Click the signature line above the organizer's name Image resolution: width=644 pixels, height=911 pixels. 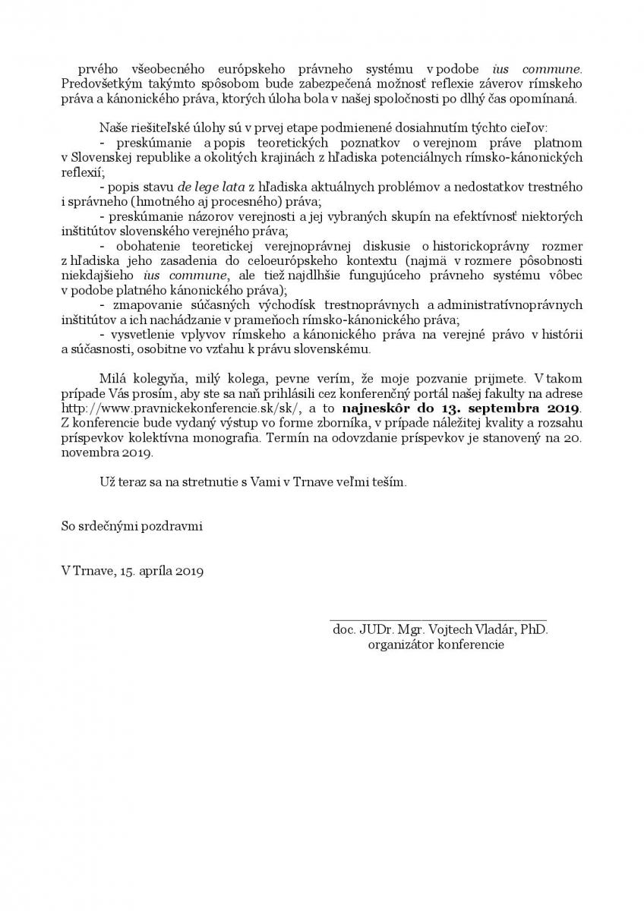point(438,620)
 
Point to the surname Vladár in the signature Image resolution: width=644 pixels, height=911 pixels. point(494,630)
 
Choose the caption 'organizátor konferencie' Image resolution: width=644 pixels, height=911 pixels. point(436,645)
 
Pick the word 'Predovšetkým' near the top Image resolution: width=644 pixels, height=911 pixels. point(96,83)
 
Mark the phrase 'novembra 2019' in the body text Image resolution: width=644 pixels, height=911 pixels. point(107,453)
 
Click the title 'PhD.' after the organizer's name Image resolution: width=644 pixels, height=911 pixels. point(534,630)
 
